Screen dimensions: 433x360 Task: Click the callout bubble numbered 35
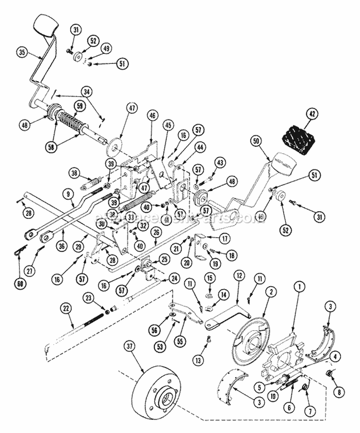tap(21, 52)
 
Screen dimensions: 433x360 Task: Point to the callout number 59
tap(79, 107)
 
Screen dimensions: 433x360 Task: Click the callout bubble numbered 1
tap(300, 287)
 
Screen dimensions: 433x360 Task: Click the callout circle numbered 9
tap(69, 194)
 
